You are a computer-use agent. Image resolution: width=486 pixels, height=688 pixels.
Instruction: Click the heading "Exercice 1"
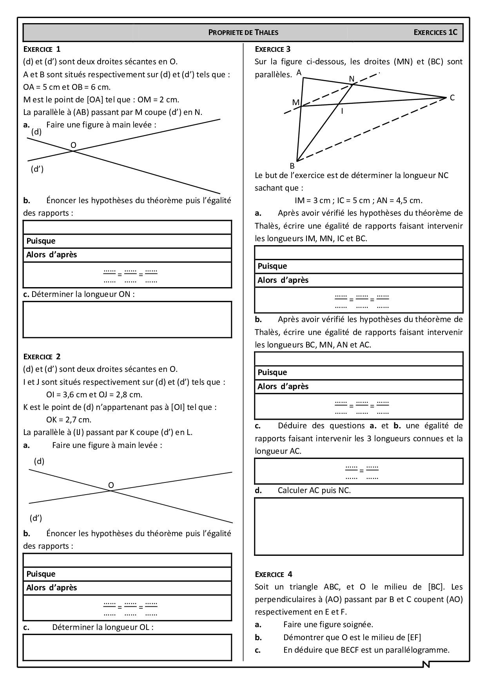point(42,49)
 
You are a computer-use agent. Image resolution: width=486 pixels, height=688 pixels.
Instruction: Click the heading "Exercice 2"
point(42,357)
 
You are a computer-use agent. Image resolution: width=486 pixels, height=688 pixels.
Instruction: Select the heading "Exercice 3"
point(273,49)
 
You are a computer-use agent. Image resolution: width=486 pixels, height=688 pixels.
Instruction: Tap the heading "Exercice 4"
point(274,574)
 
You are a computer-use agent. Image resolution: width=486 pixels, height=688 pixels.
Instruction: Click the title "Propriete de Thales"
point(243,33)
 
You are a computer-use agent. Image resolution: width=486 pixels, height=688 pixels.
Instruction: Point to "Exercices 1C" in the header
point(435,33)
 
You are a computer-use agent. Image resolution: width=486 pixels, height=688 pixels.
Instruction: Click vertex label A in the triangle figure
point(299,73)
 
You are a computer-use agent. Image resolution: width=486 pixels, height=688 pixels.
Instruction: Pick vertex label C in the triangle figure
point(452,98)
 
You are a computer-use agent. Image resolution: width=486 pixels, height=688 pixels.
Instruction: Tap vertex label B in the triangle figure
point(292,166)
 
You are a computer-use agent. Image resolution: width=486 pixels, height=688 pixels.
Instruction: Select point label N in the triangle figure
point(352,79)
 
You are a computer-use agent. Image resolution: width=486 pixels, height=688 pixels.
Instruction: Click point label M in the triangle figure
point(296,103)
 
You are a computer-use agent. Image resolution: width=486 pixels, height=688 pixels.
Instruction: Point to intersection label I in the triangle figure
point(342,111)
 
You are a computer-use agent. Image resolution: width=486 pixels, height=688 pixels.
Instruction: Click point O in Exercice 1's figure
point(73,146)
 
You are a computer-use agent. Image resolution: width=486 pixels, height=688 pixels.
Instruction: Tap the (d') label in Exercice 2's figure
point(36,518)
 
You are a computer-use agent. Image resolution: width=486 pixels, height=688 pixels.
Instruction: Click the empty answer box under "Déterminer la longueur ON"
point(127,319)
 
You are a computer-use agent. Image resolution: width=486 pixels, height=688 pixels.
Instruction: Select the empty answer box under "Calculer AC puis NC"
point(359,526)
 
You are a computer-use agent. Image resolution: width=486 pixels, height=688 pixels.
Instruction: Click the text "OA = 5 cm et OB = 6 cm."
point(67,87)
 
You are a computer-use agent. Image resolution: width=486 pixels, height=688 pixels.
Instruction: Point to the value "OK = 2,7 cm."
point(69,420)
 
